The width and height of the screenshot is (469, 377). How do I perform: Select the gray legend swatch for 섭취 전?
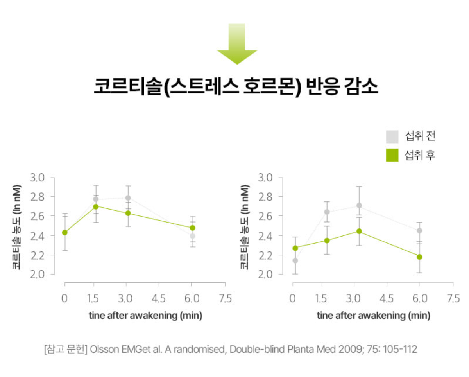coord(392,136)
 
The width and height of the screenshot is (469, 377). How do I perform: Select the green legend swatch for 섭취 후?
coord(392,155)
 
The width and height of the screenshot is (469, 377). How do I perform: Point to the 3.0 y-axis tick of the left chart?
coord(37,178)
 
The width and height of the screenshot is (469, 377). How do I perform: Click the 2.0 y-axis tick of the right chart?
coord(265,275)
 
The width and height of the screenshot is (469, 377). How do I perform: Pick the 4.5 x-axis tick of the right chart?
coord(387,299)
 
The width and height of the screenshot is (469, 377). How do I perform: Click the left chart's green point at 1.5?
coord(96,206)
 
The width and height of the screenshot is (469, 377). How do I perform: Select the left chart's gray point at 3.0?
coord(128,198)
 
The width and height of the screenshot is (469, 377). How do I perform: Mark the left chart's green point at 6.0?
coord(192,228)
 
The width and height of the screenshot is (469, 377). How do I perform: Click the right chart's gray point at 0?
coord(295,260)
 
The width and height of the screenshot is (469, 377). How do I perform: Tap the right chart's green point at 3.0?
coord(359,231)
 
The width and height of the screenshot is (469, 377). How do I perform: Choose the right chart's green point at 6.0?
coord(419,257)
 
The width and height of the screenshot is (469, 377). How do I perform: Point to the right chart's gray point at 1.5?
coord(327,212)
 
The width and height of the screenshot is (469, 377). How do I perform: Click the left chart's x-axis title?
coord(145,316)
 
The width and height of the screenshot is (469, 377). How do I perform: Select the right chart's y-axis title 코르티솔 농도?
coord(244,227)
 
